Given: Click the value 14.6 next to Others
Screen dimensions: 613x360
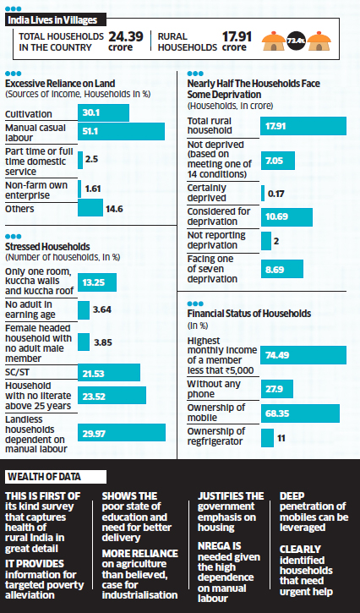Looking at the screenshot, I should point(112,208).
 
